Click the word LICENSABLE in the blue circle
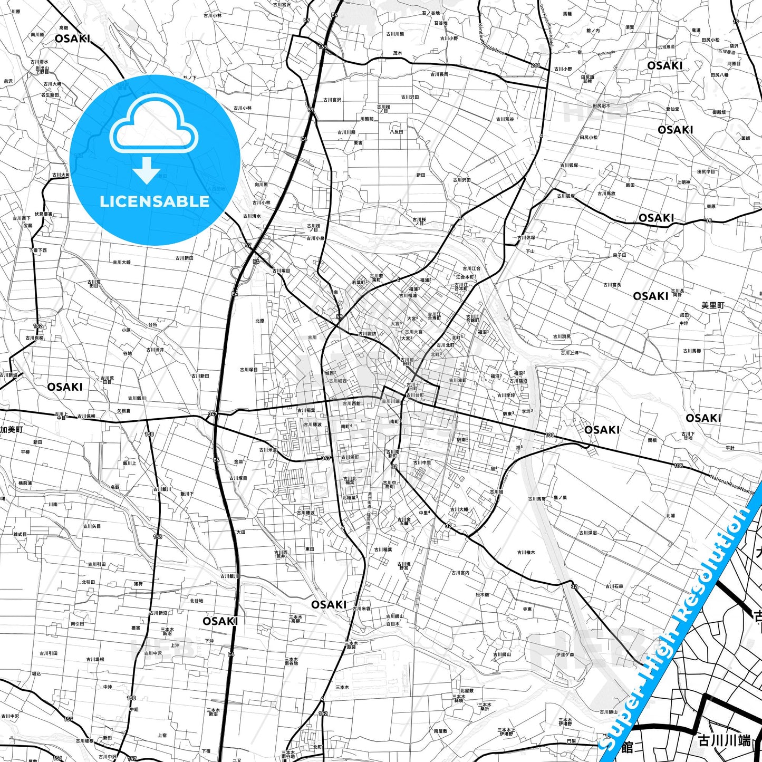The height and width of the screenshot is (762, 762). click(155, 201)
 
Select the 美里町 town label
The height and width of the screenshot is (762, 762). click(712, 305)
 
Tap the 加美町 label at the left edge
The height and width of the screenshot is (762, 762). click(11, 430)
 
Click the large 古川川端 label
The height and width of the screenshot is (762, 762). click(724, 741)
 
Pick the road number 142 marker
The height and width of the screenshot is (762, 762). click(37, 326)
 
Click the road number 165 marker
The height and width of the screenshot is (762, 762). click(322, 47)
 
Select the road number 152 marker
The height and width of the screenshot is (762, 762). click(323, 713)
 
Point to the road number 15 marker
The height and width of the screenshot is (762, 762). click(709, 221)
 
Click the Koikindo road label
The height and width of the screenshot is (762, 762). click(606, 53)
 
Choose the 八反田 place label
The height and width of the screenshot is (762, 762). click(396, 132)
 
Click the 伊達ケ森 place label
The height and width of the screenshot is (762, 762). click(564, 654)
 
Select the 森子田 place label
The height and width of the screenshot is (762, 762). click(619, 255)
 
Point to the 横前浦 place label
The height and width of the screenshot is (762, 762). click(25, 483)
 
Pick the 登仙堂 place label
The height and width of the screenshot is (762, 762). click(672, 109)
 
